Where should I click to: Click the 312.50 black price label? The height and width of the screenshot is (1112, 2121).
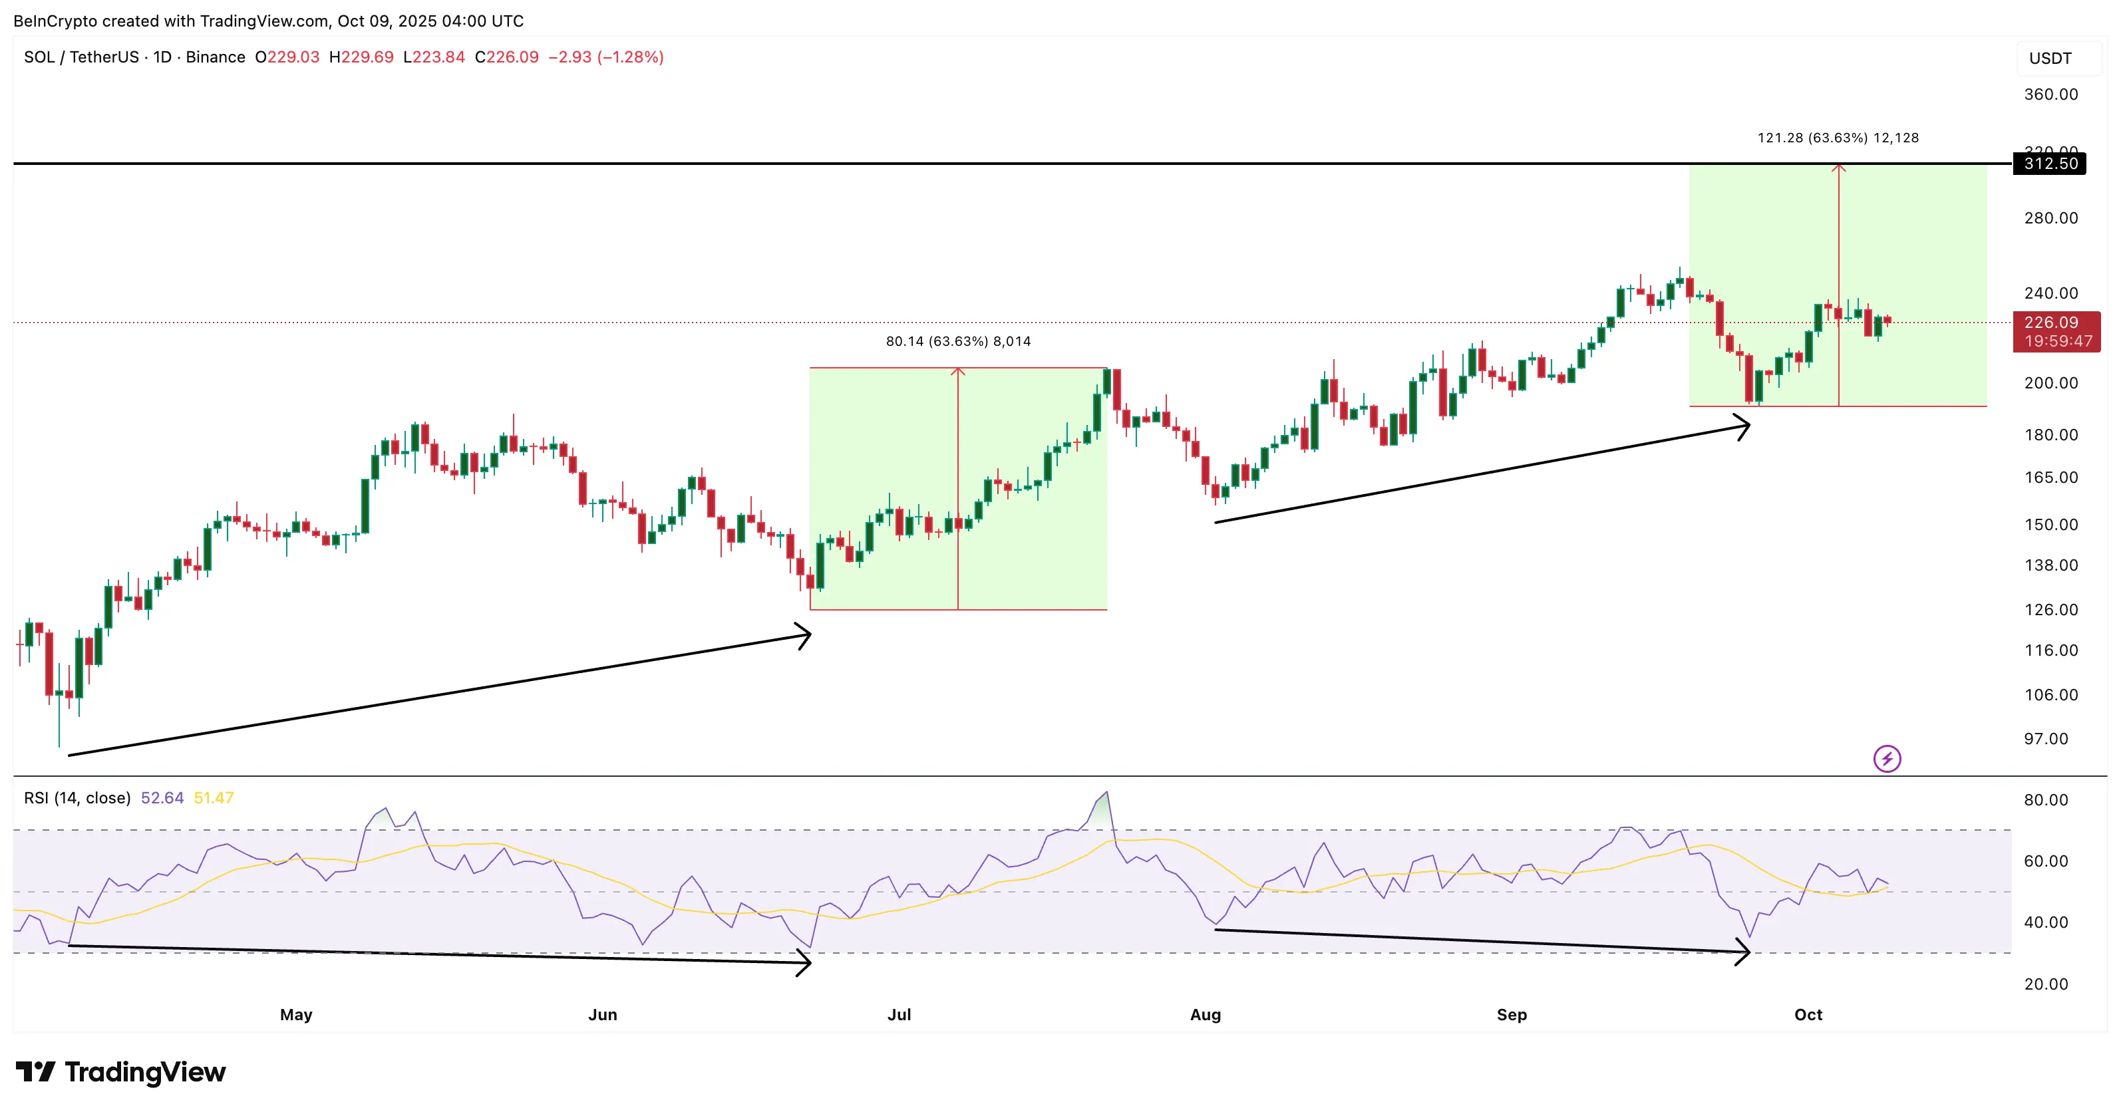(2050, 163)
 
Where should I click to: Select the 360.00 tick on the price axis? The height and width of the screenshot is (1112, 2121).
(2050, 94)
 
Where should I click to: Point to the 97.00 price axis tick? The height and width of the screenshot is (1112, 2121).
(2045, 738)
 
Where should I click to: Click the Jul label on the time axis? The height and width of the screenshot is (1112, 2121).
(898, 1015)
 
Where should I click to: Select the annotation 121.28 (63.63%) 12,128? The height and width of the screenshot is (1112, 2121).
(1837, 138)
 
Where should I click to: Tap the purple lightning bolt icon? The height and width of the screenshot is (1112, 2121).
(1886, 758)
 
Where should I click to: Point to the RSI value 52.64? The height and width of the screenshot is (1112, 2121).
(162, 797)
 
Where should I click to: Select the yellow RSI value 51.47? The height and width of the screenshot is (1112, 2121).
(214, 797)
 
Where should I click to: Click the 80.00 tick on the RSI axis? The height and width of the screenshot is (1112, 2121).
(2045, 800)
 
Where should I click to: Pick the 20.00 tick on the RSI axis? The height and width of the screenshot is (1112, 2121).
(2045, 984)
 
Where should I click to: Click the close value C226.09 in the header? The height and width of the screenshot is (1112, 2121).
(506, 57)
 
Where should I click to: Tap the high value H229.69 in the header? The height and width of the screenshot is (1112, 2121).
(361, 57)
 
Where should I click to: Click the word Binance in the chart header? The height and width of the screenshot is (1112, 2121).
(215, 57)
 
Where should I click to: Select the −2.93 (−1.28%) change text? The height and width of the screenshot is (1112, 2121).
(605, 57)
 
